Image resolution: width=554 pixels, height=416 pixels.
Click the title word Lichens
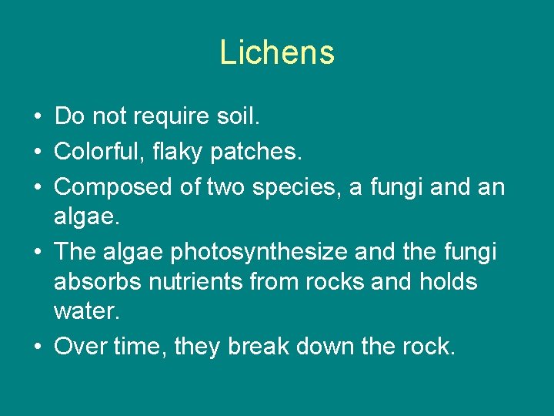tap(277, 53)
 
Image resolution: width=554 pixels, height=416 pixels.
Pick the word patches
tap(259, 152)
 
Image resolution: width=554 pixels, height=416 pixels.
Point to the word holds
tap(449, 282)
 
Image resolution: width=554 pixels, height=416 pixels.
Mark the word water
tap(85, 312)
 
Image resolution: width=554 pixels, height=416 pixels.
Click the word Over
tap(80, 347)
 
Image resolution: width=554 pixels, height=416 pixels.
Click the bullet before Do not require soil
tap(38, 118)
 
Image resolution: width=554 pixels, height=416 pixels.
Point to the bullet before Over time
tap(38, 347)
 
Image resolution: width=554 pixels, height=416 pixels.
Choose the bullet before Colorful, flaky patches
tap(38, 153)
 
